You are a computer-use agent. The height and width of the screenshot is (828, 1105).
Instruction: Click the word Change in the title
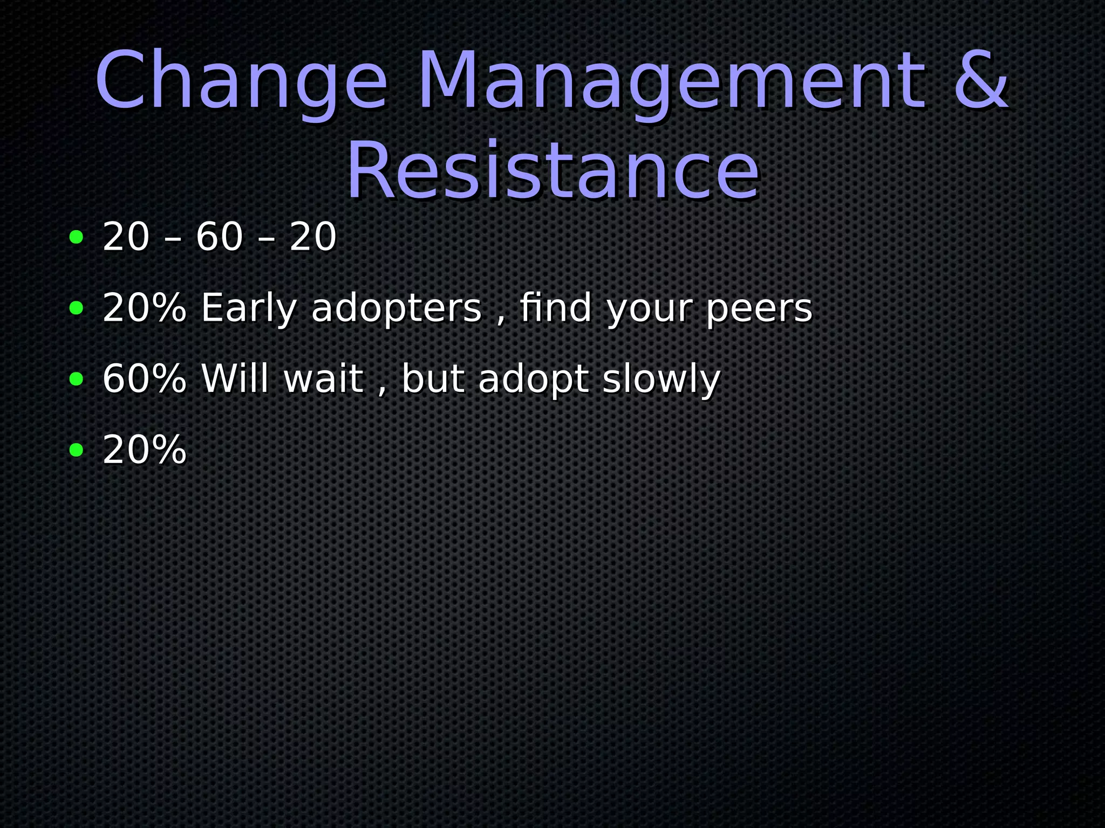click(x=241, y=81)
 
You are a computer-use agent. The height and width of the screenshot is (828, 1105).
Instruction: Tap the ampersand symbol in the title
click(x=981, y=81)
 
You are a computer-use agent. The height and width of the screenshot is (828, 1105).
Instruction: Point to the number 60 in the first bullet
click(x=219, y=237)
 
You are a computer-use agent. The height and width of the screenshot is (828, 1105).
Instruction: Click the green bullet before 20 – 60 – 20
click(x=77, y=237)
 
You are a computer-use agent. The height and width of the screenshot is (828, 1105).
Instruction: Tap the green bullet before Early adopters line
click(x=77, y=308)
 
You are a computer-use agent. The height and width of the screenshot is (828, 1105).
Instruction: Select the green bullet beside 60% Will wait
click(x=77, y=379)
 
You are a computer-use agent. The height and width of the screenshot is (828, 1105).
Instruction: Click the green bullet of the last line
click(x=77, y=450)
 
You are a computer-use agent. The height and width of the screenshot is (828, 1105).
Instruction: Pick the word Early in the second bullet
click(x=249, y=309)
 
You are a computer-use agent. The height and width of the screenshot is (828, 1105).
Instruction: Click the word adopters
click(x=396, y=309)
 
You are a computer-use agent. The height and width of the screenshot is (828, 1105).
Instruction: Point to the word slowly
click(x=661, y=380)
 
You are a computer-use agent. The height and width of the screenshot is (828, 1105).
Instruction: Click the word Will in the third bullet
click(x=235, y=379)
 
